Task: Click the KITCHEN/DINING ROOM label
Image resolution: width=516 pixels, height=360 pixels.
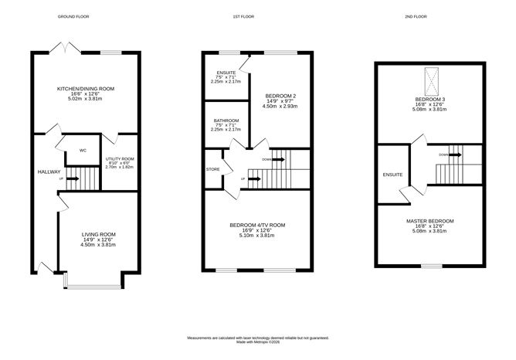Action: pos(86,89)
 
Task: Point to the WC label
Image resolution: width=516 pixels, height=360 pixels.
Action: pos(83,151)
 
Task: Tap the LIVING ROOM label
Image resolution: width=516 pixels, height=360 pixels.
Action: pos(99,234)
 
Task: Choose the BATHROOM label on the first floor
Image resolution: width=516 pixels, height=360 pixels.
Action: pos(226,121)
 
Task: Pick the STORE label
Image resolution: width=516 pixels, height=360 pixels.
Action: pos(212,168)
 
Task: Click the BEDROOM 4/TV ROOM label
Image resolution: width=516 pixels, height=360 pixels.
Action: pos(257,225)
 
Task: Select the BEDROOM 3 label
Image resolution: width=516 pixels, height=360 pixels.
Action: pos(430,99)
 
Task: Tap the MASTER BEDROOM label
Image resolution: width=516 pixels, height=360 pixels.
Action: pos(430,220)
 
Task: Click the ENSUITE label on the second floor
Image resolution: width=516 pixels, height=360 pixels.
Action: pos(392,175)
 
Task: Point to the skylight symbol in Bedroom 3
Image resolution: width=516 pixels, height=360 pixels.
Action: pos(430,80)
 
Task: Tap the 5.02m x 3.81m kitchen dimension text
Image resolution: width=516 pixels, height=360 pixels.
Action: pos(86,99)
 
